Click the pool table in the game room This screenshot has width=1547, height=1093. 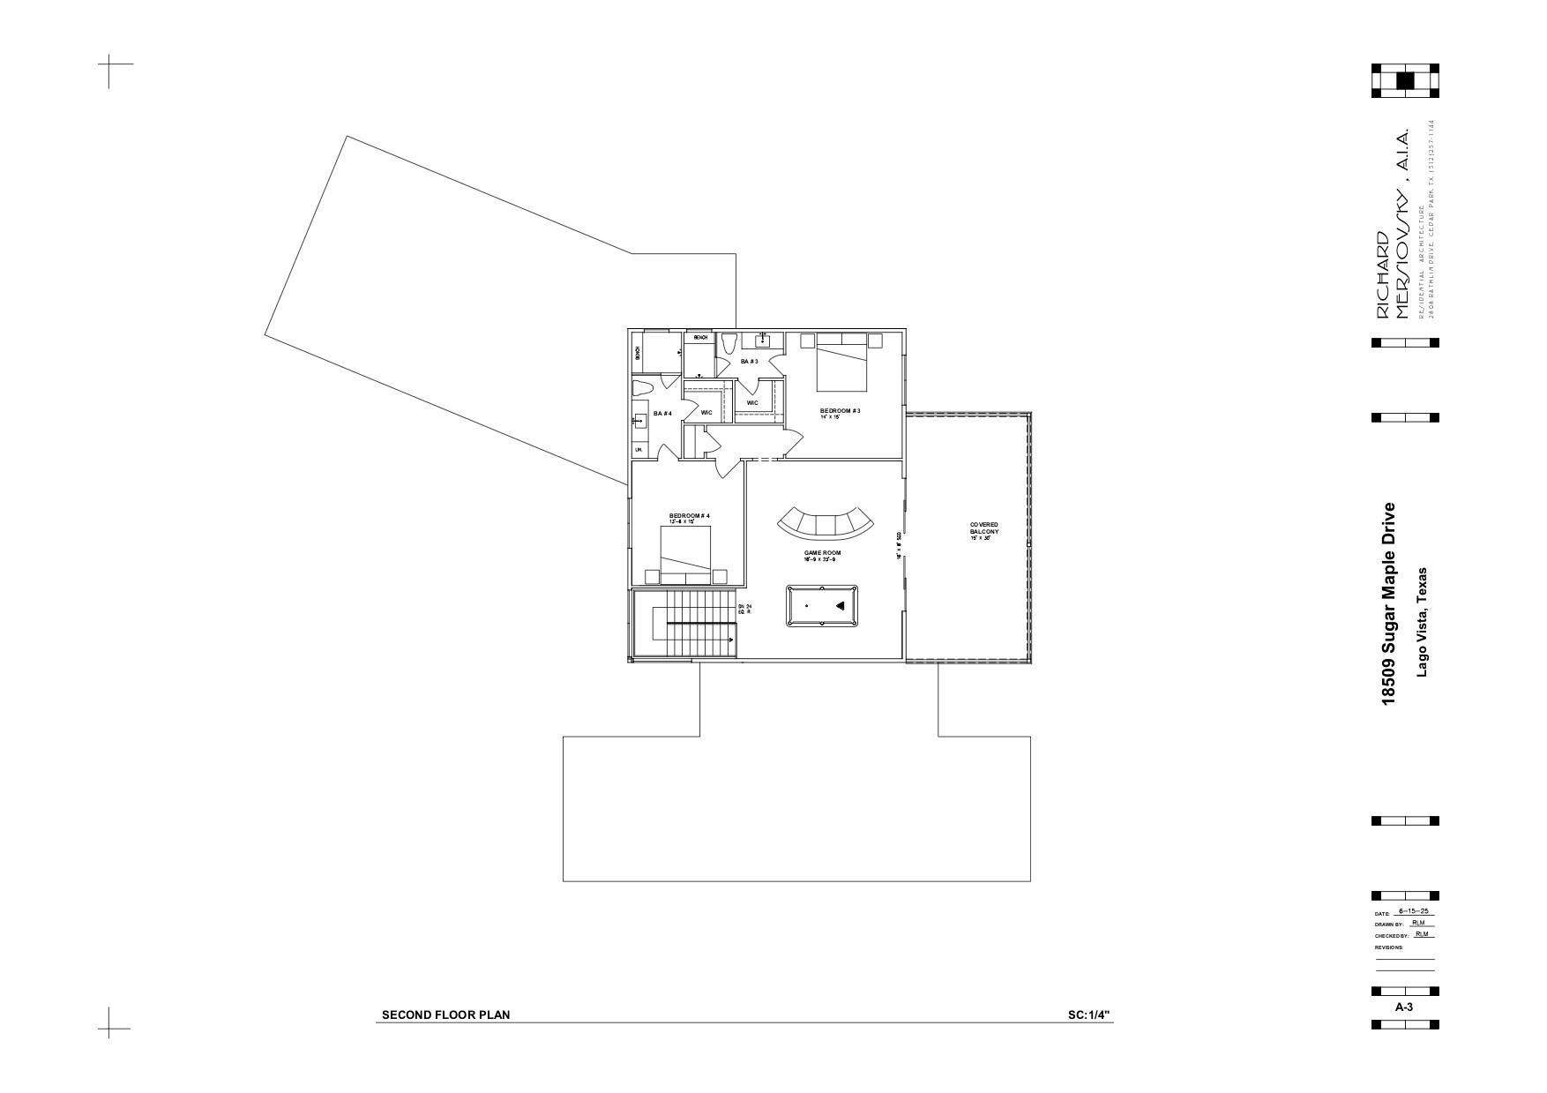coord(822,605)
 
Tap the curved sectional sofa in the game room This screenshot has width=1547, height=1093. coord(826,524)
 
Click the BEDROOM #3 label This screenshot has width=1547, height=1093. coord(839,410)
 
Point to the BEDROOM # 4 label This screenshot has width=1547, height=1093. coord(689,515)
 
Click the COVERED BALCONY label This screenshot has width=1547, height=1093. coord(983,528)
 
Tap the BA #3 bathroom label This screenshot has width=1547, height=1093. coord(749,362)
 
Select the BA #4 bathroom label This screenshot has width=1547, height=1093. coord(662,414)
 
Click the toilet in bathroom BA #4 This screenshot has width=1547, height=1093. coord(643,389)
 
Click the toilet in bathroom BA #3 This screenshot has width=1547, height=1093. coord(728,344)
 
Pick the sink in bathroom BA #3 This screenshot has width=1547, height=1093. coord(763,341)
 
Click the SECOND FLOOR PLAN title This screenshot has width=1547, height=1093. coord(445,1014)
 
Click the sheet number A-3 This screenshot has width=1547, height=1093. coord(1404,1007)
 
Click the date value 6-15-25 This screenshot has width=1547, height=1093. coord(1413,911)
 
